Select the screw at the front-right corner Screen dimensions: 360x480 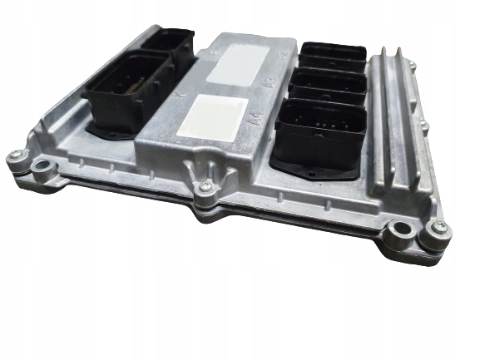440,227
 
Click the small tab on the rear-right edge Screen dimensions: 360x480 409,62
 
